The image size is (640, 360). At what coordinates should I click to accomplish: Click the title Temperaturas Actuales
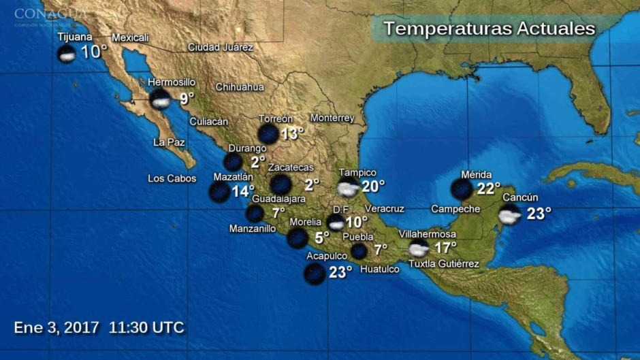point(489,29)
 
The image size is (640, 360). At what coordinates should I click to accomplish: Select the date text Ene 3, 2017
point(57,327)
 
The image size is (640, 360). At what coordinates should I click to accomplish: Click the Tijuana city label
point(75,37)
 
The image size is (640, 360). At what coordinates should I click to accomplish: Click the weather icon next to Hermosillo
point(160,100)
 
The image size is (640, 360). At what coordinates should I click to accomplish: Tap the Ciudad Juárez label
point(220,48)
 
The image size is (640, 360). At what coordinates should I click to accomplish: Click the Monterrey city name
point(332,118)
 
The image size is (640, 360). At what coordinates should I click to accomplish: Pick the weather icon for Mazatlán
point(219,192)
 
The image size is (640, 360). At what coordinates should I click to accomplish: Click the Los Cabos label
point(172,179)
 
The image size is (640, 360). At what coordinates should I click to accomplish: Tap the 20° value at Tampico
point(372,186)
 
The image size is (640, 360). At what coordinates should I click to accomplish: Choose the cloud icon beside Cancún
point(509,214)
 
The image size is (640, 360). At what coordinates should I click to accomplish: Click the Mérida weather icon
point(462,189)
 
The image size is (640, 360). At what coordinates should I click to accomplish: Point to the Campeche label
point(455,209)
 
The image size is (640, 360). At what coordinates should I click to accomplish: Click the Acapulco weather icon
point(315,274)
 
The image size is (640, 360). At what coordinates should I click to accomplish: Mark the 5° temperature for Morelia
point(321,238)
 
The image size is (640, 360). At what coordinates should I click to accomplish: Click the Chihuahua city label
point(240,87)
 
